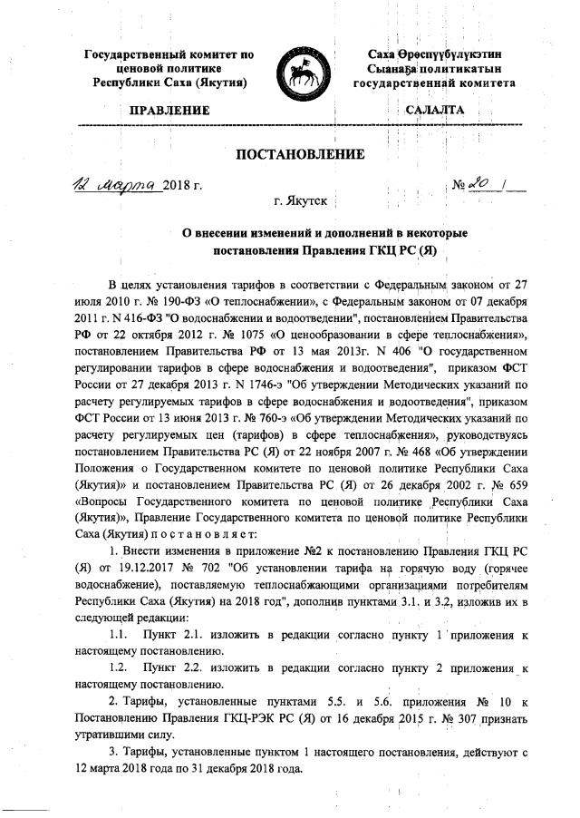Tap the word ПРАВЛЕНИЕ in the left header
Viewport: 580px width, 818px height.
pos(169,111)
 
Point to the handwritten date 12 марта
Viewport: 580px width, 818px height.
pos(116,185)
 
